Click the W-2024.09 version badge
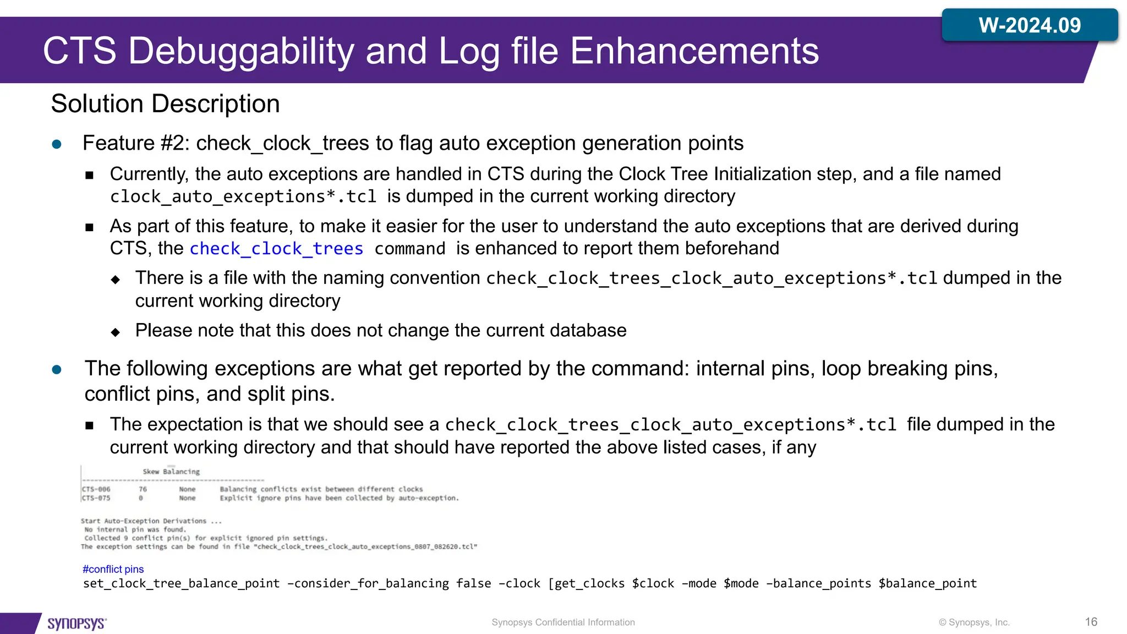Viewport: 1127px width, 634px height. (1029, 25)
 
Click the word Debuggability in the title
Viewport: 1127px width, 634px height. (242, 51)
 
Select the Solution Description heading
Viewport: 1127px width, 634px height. (165, 104)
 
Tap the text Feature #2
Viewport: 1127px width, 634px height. (135, 143)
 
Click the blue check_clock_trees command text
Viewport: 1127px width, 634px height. (276, 249)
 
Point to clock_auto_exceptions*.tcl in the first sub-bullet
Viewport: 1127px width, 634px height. (243, 196)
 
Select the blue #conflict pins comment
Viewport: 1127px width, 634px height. (113, 569)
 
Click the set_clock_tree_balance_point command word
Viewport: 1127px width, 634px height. (181, 583)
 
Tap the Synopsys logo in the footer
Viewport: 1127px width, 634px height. (76, 623)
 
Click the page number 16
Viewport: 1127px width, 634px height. (1091, 622)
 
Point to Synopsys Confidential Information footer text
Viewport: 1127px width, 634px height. (563, 622)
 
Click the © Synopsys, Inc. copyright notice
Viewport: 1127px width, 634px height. (974, 622)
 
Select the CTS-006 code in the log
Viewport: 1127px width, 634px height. (96, 489)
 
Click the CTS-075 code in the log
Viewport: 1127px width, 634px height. (96, 498)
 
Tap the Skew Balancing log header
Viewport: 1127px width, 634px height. (171, 472)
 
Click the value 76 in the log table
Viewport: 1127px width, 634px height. (143, 489)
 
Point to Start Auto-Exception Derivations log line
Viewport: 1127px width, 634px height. (151, 521)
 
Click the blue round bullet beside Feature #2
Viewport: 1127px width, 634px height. (57, 144)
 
